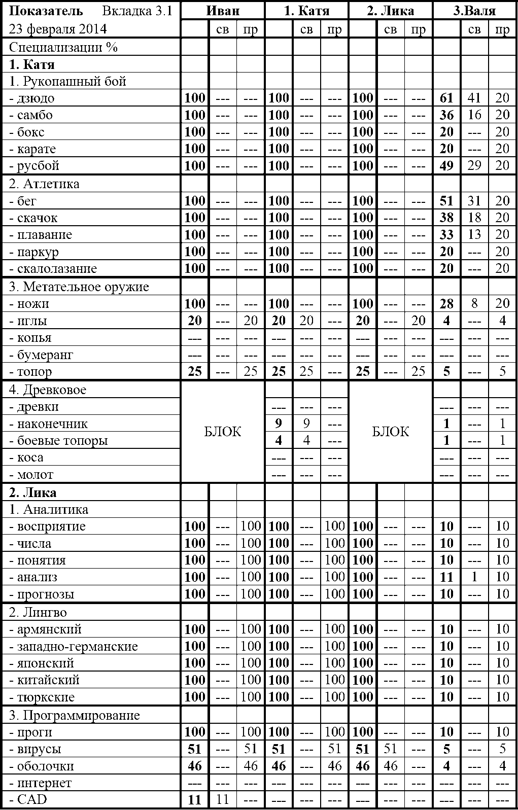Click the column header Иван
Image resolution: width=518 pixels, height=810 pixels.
click(223, 11)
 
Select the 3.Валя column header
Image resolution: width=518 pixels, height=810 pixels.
click(474, 11)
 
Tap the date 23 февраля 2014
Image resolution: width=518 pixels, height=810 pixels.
click(58, 28)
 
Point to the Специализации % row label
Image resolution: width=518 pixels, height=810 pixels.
click(63, 47)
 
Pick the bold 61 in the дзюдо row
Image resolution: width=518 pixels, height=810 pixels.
click(446, 98)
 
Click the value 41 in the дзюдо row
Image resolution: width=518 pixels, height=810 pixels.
click(474, 98)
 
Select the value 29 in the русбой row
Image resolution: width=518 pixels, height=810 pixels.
click(474, 166)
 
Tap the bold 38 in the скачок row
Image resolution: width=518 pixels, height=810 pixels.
click(446, 218)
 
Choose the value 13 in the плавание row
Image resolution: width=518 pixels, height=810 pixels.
click(474, 235)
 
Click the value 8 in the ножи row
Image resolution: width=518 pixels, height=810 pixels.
click(474, 304)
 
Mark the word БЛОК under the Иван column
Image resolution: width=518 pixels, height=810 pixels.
click(223, 432)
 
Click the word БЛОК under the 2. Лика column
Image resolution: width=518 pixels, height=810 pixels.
click(390, 432)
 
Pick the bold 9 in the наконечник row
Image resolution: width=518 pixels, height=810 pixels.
click(279, 424)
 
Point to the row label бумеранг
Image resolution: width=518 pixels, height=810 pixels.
click(45, 355)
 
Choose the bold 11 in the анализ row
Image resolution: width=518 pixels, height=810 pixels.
click(446, 577)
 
